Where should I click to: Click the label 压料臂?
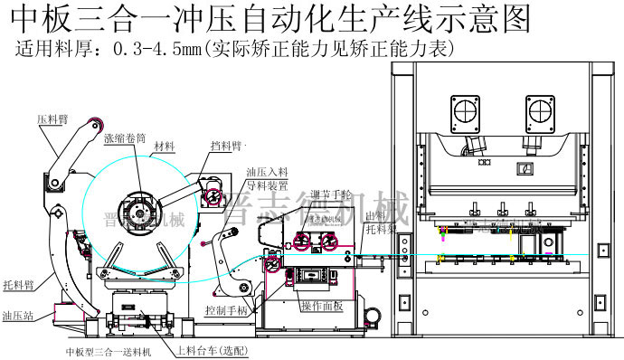coord(52,118)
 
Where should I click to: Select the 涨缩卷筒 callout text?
coord(125,138)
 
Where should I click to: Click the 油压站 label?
coord(17,317)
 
